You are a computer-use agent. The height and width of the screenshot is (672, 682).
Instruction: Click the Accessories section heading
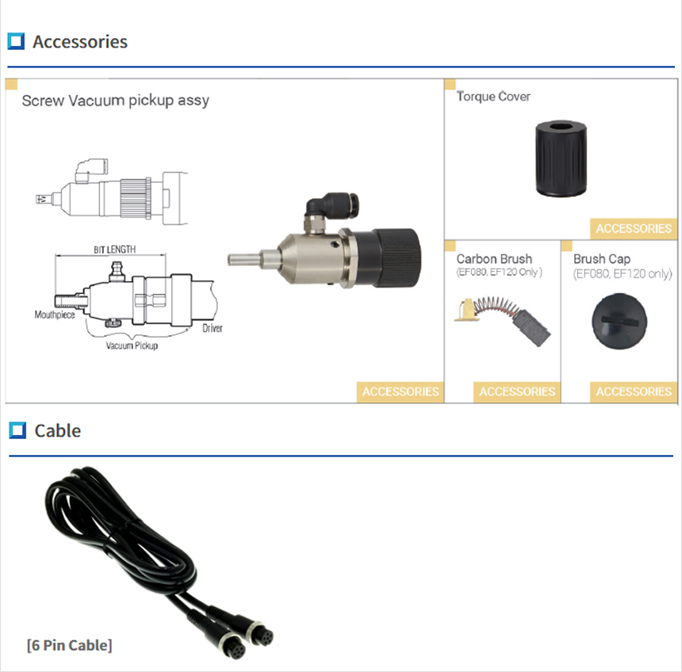pos(79,42)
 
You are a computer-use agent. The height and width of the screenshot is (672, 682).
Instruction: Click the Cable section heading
pos(58,430)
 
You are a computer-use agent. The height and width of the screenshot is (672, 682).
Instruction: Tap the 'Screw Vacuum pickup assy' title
pos(116,101)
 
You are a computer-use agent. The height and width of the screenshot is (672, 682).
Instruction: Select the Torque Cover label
pos(493,97)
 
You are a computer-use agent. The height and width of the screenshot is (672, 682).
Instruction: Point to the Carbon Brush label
pos(494,259)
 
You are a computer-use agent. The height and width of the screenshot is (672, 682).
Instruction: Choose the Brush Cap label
pos(602,259)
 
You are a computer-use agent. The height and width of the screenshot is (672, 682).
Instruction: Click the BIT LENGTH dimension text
pos(114,249)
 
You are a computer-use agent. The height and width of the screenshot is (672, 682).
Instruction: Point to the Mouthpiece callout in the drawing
pos(54,315)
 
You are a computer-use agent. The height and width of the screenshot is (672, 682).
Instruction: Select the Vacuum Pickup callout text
pos(132,346)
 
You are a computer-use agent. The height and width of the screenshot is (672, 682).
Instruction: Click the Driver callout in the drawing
pos(212,328)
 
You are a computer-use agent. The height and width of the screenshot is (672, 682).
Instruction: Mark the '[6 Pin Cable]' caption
pos(69,645)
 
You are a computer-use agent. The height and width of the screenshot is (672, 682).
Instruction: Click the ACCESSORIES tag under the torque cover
pos(634,228)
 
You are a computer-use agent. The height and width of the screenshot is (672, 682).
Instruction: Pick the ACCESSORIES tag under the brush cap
pos(634,391)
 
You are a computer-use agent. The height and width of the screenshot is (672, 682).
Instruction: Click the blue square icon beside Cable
pos(17,430)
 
